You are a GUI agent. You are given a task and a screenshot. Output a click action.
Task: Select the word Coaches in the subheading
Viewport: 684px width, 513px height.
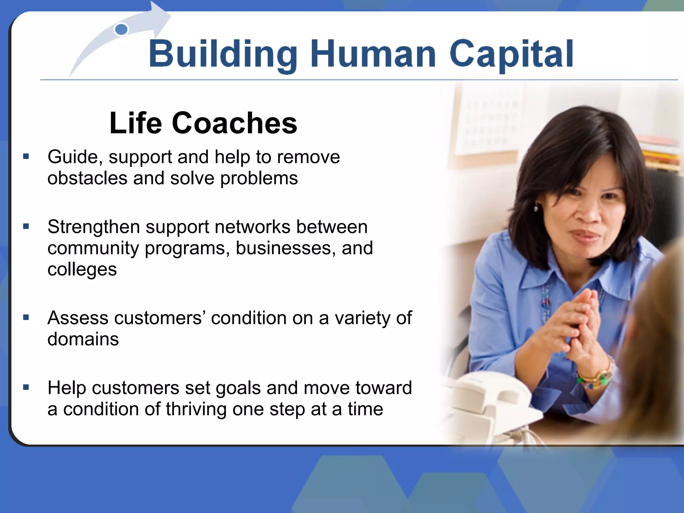coord(234,123)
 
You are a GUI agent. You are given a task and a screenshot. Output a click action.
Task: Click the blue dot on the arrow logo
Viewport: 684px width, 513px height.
coord(121,29)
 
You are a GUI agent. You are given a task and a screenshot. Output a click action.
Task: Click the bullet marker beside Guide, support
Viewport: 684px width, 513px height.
coord(26,156)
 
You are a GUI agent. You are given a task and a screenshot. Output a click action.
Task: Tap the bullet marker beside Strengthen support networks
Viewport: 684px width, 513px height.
coord(26,226)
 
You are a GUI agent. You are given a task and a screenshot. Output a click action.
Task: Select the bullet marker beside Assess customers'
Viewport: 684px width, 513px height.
coord(26,317)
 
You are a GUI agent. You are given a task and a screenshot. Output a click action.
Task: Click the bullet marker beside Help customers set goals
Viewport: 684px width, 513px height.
coord(26,387)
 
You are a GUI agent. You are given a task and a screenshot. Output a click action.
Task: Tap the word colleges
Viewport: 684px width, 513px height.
coord(82,270)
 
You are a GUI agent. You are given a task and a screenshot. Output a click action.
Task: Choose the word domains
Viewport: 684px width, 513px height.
coord(83,339)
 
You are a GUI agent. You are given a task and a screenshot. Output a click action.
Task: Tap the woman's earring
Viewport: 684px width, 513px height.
coord(536,209)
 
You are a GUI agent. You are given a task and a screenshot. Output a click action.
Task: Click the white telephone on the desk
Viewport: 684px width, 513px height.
coord(494,401)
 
